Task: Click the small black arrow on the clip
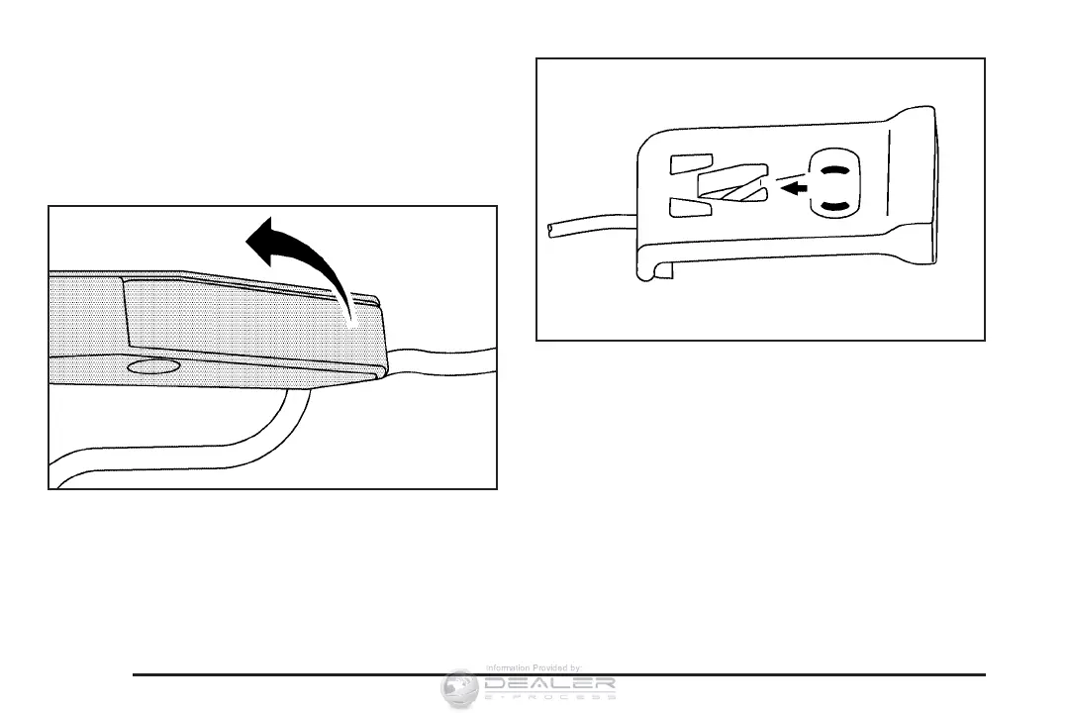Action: pos(789,186)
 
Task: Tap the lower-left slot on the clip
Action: pos(690,207)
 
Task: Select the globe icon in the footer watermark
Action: pos(461,688)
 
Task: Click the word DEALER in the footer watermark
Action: pos(550,682)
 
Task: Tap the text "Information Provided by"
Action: pos(533,668)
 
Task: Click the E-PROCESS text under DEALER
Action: pos(550,696)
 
